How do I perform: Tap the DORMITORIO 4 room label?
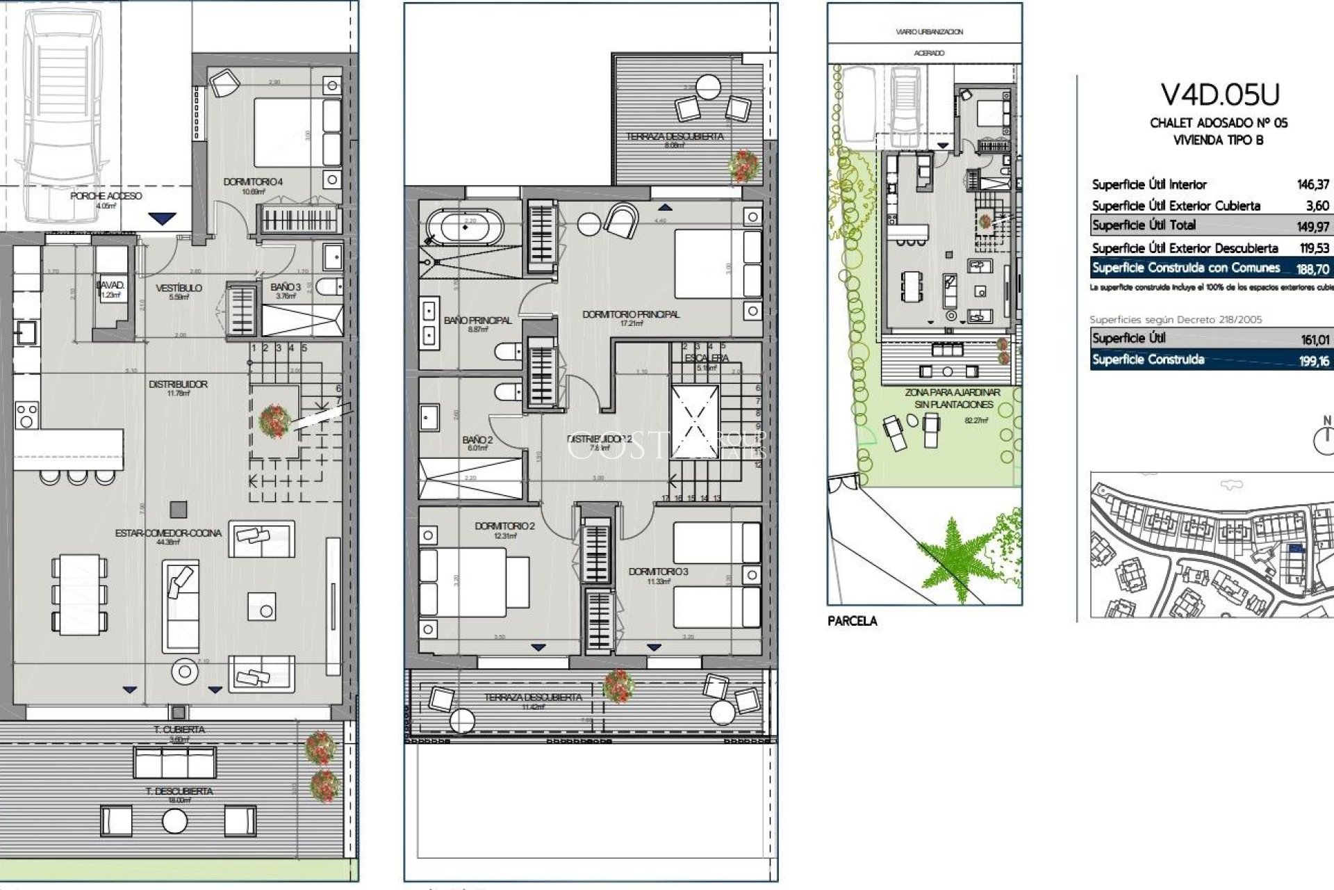(253, 182)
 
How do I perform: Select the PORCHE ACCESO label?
(106, 196)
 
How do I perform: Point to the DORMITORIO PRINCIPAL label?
(631, 314)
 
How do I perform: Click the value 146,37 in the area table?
(1312, 184)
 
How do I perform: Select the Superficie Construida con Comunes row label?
(1185, 268)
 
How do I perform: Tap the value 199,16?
(1314, 361)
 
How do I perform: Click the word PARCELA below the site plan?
(852, 621)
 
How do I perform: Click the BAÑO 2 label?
(477, 439)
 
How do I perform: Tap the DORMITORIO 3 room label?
(658, 572)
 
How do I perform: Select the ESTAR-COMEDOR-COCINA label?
(168, 533)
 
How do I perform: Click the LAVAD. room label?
(110, 286)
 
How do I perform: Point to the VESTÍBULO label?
(179, 288)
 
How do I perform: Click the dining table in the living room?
(79, 594)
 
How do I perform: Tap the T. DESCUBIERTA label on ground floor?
(179, 791)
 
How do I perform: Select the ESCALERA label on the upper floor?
(706, 358)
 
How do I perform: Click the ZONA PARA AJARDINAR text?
(952, 393)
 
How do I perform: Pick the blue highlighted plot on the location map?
(1294, 549)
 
